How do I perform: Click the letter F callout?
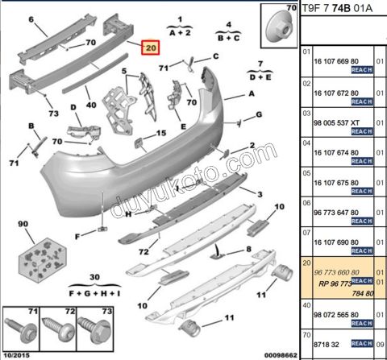pos(77,236)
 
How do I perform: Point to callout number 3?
pos(260,194)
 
